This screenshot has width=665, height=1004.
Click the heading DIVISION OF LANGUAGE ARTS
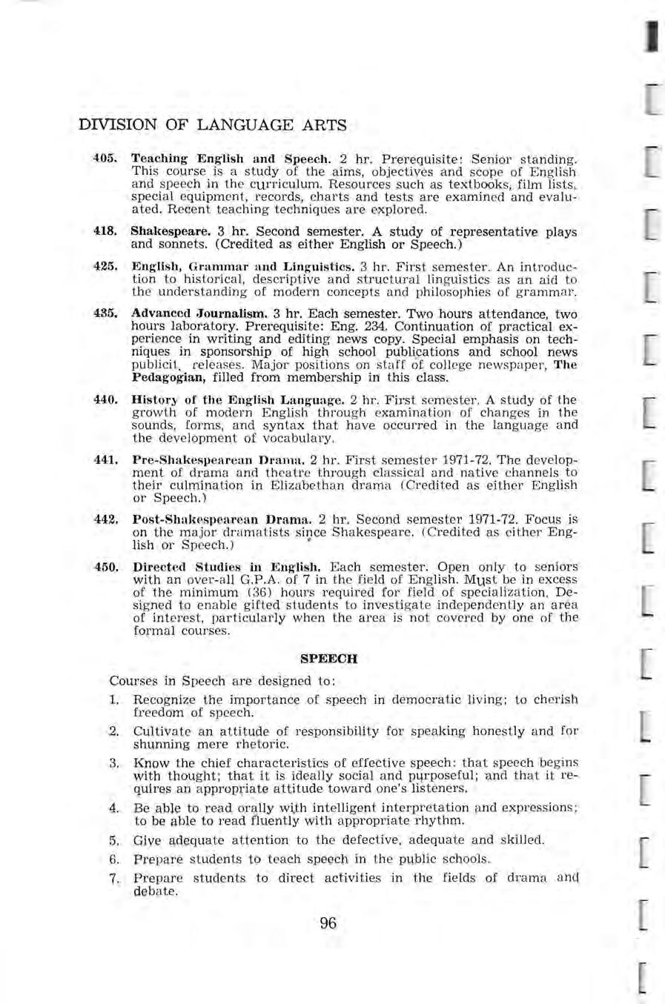click(x=213, y=125)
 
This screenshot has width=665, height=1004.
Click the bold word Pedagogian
click(x=164, y=377)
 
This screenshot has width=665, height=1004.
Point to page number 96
click(x=328, y=923)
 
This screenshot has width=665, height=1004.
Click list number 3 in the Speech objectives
click(x=115, y=762)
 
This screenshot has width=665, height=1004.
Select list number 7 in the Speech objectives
click(x=115, y=879)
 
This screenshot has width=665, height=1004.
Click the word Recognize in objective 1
click(x=165, y=700)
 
